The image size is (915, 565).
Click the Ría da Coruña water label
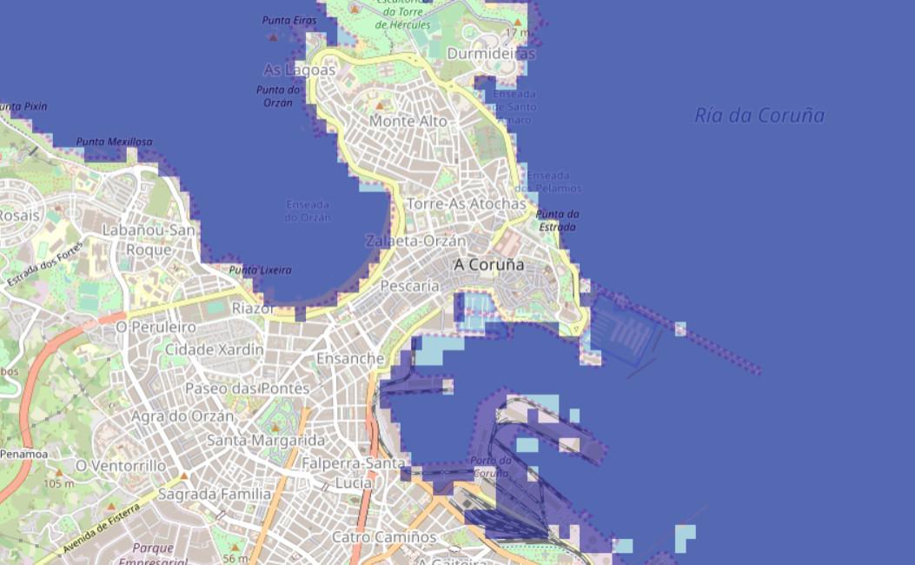(759, 116)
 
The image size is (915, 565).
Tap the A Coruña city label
(489, 264)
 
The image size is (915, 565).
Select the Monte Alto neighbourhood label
(408, 122)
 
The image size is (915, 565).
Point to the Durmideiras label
(491, 54)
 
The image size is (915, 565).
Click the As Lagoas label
(299, 70)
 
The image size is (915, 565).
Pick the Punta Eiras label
(289, 19)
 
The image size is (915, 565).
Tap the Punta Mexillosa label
(114, 142)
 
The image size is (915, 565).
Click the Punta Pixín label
(23, 106)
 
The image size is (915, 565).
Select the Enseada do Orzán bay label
(308, 211)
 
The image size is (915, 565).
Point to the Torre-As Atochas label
(467, 203)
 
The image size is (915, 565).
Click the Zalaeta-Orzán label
(415, 241)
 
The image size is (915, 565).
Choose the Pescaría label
(410, 285)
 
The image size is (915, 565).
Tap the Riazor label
(255, 308)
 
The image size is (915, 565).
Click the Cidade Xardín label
(214, 349)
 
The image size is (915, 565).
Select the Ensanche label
(350, 358)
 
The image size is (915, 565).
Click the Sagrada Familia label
(215, 494)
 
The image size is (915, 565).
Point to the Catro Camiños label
(384, 537)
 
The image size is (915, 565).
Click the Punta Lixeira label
(260, 270)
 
